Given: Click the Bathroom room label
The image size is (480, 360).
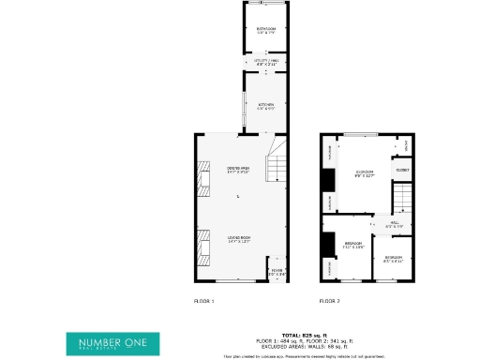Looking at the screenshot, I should coord(266,30).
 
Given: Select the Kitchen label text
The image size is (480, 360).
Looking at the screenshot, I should coord(266,104).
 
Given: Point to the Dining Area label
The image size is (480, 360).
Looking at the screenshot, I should coord(238,170).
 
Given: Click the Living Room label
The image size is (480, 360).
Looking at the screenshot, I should coord(238,239).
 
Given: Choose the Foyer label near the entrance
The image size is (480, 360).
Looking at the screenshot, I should coord(277,273).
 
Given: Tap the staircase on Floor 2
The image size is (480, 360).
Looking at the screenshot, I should coord(401,199).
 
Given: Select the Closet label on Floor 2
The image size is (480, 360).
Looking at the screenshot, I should coord(401,170).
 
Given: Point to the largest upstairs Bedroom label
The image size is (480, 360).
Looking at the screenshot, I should coord(366,173).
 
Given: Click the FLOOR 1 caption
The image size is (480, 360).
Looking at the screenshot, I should coord(203,301).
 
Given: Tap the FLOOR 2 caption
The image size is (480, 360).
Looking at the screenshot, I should coord(328,301).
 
